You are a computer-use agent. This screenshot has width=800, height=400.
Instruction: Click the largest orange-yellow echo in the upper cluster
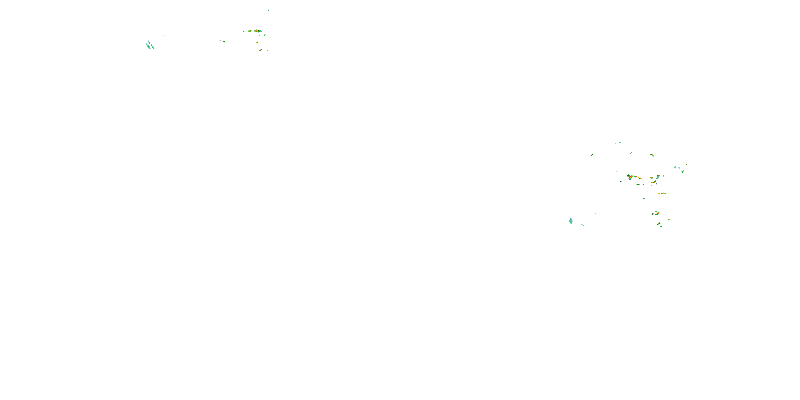point(257,31)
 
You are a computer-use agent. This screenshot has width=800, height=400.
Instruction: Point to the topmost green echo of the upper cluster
point(269,10)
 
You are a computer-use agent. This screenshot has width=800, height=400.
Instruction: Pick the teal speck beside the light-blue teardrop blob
point(583,225)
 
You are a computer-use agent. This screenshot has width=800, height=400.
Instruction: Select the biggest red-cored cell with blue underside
point(630,177)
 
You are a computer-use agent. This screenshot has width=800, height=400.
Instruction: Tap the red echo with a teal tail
point(658,176)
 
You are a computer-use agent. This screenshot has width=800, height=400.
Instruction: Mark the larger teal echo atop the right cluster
point(619,143)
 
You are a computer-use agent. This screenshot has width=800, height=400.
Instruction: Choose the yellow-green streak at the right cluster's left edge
point(592,155)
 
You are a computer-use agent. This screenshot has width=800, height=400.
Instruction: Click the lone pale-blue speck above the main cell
point(631,153)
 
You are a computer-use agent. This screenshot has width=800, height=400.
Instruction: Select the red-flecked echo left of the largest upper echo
point(249,31)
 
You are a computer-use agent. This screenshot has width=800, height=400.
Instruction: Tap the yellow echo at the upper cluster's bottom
point(260,50)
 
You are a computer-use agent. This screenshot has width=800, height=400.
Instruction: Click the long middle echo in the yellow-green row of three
point(662,194)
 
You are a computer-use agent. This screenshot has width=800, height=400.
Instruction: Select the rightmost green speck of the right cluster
point(687,165)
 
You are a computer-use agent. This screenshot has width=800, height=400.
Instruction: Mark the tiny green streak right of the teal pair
point(164,35)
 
